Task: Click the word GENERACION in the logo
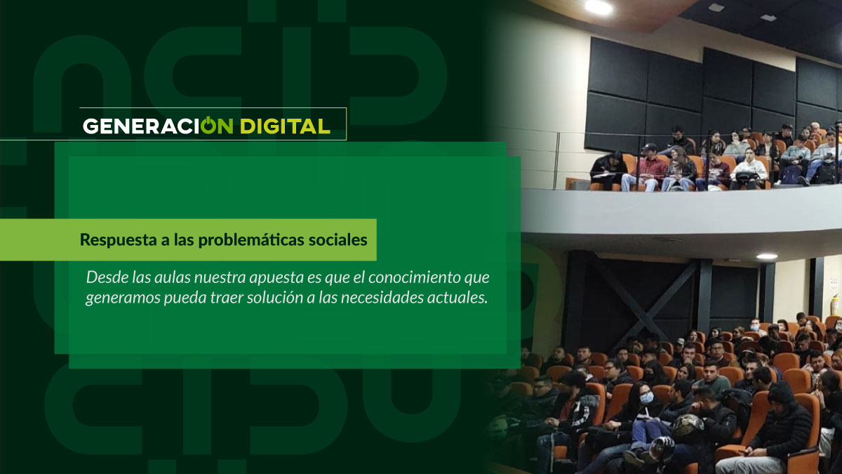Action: [x=158, y=126]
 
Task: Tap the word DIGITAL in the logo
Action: [x=285, y=126]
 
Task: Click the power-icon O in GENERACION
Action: [x=208, y=125]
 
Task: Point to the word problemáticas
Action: [x=251, y=240]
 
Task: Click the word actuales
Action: [x=456, y=298]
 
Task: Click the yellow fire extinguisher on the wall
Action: [x=834, y=305]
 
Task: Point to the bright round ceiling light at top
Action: [x=599, y=7]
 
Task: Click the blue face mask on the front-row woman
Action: [x=646, y=397]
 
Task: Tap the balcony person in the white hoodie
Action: [x=749, y=169]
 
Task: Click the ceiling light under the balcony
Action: [x=766, y=256]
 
